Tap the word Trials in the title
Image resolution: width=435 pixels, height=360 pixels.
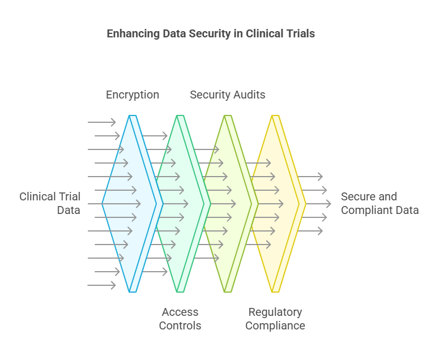tap(300, 34)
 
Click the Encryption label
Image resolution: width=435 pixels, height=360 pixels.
tap(133, 95)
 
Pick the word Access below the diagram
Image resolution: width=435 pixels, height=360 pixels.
tap(180, 312)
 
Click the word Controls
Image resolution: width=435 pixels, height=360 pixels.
tap(180, 325)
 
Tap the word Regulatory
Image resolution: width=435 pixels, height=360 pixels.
tap(275, 312)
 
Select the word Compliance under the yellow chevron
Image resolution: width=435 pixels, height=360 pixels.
tap(275, 325)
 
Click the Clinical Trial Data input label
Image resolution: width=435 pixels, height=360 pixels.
tap(50, 203)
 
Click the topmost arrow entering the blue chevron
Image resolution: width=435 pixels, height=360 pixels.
tap(102, 122)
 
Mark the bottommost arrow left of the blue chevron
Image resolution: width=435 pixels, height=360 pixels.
tap(102, 285)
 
